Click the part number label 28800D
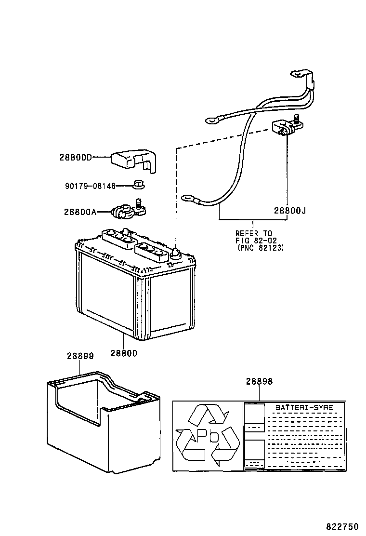point(76,157)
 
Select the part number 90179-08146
point(90,185)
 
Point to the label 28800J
point(290,210)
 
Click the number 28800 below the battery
point(124,353)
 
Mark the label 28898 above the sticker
point(259,381)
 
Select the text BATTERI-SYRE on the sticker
point(297,408)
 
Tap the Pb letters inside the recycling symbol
point(207,437)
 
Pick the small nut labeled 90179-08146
point(139,184)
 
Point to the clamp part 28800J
point(285,127)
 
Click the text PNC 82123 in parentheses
point(260,248)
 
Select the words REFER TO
point(254,232)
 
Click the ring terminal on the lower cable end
point(188,197)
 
